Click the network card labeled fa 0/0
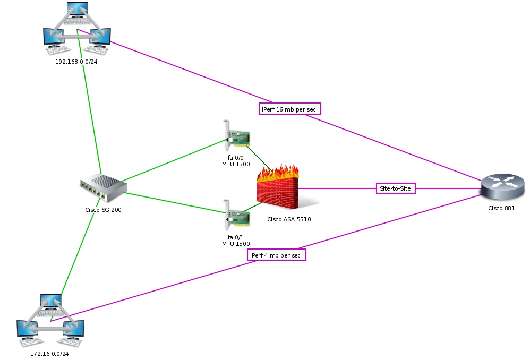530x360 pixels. pyautogui.click(x=236, y=136)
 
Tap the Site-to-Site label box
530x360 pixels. pyautogui.click(x=396, y=188)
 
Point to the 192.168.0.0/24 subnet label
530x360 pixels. pyautogui.click(x=76, y=62)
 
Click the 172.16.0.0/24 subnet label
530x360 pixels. pyautogui.click(x=49, y=354)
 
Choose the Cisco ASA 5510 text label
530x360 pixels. pyautogui.click(x=289, y=219)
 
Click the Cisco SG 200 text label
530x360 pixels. pyautogui.click(x=103, y=210)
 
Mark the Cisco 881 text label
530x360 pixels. pyautogui.click(x=501, y=208)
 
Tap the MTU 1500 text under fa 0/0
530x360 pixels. pyautogui.click(x=236, y=164)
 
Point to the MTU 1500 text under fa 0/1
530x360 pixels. pyautogui.click(x=236, y=244)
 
